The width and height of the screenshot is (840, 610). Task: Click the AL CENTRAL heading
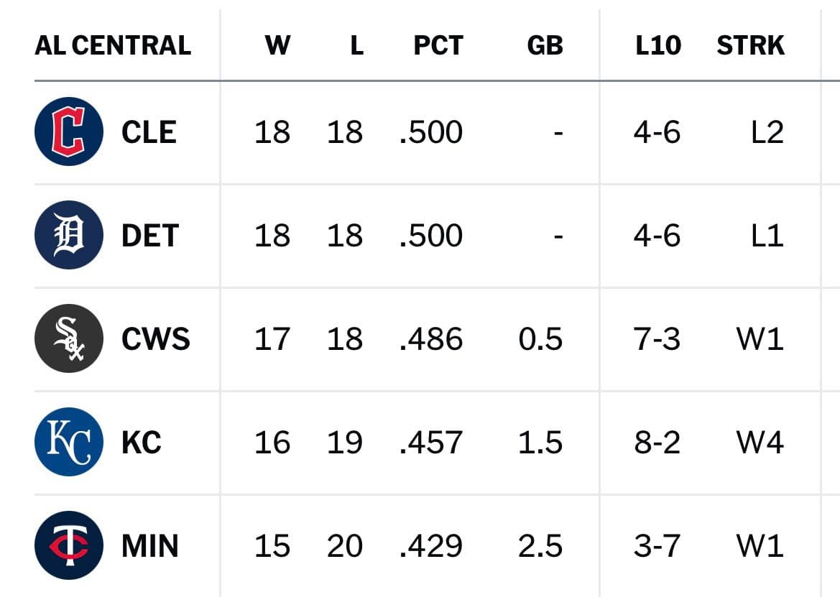click(x=113, y=45)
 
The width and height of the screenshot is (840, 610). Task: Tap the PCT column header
click(x=438, y=45)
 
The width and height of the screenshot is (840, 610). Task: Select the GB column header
click(x=545, y=45)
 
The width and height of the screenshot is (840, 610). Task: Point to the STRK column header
click(x=750, y=45)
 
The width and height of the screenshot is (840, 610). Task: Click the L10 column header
click(x=658, y=45)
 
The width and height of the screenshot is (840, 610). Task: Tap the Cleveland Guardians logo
click(x=68, y=131)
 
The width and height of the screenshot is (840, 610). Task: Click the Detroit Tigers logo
click(x=68, y=234)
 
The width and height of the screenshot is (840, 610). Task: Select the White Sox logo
click(x=68, y=338)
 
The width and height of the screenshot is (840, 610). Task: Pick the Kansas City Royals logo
click(x=68, y=442)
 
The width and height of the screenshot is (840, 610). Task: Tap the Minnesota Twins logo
click(x=68, y=545)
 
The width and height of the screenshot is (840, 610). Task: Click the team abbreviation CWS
click(x=155, y=339)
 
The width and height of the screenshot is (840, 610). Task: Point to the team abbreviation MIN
click(x=149, y=546)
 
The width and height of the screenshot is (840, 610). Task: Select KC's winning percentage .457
click(x=430, y=443)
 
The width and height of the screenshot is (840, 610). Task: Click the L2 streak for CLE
click(x=767, y=132)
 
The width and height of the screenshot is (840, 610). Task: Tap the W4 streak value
click(x=760, y=443)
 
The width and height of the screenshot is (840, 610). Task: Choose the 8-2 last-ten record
click(x=657, y=443)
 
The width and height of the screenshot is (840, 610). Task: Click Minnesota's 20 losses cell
click(x=344, y=546)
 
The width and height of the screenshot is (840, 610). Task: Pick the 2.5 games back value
click(x=540, y=546)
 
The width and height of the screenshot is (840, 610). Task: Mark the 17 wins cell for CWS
click(x=272, y=339)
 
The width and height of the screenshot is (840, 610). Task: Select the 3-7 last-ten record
click(x=657, y=546)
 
